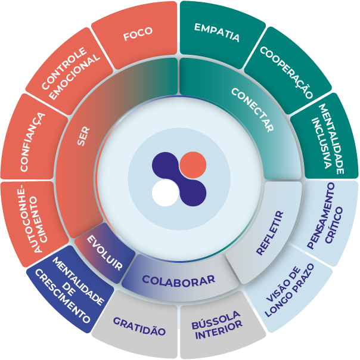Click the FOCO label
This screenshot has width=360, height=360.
138,33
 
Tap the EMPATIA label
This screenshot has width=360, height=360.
217,32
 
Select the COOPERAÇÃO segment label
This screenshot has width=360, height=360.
287,72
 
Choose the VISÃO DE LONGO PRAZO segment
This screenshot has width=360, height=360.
289,290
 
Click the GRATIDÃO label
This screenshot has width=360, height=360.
139,326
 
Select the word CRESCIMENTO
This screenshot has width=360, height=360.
63,296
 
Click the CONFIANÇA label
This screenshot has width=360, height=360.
32,142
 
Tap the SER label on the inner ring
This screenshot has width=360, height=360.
83,136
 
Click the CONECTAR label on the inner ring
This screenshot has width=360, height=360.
252,110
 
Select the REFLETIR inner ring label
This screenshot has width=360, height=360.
270,233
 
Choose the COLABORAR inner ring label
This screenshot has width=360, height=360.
179,281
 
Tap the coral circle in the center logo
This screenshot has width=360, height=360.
193,165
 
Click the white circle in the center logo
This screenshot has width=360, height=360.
165,193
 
